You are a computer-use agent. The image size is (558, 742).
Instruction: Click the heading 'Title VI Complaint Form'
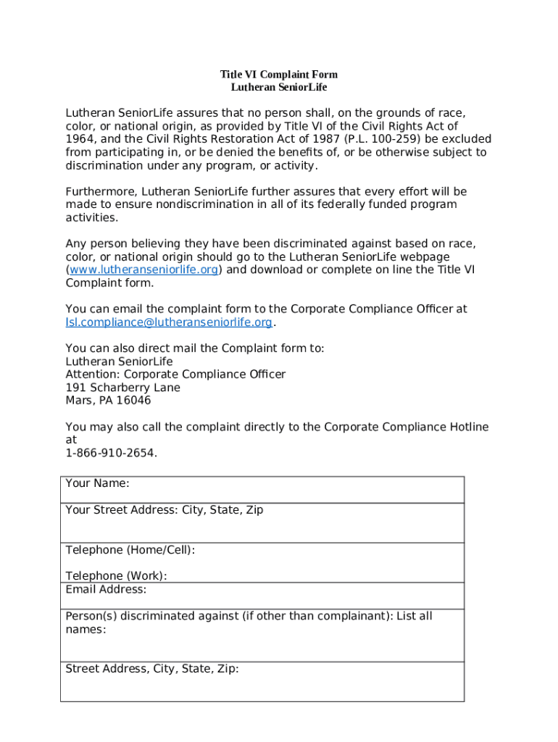click(x=279, y=75)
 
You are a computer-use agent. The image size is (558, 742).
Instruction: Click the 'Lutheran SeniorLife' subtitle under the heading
click(x=279, y=87)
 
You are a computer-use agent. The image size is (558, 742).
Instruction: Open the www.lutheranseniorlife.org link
click(x=144, y=270)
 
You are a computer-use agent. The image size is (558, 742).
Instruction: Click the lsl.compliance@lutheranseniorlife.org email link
click(x=169, y=322)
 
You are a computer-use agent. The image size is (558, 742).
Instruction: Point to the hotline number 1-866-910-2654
click(x=110, y=453)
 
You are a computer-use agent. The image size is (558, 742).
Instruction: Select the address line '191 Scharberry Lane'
click(x=123, y=388)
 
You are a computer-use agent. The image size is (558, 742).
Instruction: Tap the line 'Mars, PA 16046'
click(x=108, y=401)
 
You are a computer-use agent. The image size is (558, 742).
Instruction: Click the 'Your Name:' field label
click(x=97, y=483)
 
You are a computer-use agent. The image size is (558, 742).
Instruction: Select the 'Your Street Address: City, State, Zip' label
click(x=164, y=510)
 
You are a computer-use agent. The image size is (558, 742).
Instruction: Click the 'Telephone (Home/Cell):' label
click(x=130, y=550)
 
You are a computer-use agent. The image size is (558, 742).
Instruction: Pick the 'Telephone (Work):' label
click(x=116, y=576)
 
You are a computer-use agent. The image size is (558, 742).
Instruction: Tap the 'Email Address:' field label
click(x=106, y=589)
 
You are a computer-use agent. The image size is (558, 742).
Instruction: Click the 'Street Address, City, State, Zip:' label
click(x=152, y=669)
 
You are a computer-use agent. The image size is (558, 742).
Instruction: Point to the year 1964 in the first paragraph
click(x=79, y=139)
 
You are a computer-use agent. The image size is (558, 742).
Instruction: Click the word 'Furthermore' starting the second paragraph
click(x=101, y=191)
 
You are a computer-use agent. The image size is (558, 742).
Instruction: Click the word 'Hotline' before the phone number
click(x=467, y=427)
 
